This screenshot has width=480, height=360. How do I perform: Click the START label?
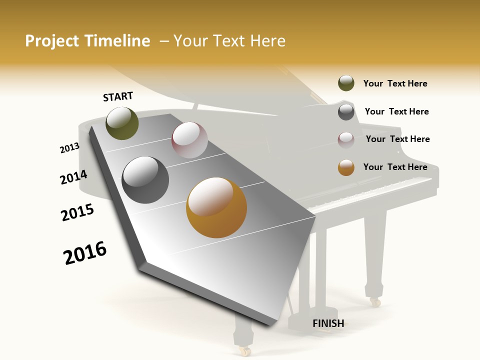118,96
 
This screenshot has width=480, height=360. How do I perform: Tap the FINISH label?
328,323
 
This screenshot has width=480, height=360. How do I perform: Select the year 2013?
69,147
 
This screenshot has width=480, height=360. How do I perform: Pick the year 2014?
73,177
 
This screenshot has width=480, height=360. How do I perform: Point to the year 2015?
77,212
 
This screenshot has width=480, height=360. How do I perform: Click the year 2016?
85,252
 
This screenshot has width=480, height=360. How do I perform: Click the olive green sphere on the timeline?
122,123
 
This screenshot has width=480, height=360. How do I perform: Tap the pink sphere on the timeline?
189,140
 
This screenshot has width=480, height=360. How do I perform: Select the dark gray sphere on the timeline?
145,180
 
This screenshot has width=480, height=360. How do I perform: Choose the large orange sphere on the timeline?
216,207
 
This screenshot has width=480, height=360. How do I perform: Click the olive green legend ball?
346,83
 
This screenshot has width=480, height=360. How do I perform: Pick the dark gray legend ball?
346,112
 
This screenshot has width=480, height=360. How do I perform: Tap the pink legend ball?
346,140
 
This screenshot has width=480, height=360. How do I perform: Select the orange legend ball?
346,167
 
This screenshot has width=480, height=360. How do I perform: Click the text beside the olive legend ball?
395,83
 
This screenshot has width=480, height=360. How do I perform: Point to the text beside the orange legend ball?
395,167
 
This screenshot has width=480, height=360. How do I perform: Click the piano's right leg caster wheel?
374,302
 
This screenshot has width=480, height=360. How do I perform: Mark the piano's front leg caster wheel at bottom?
244,351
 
